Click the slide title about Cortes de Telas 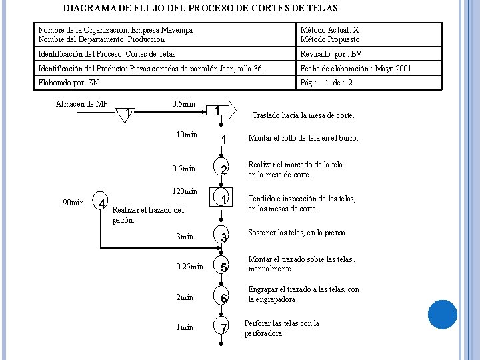click(200, 9)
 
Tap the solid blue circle click(443, 315)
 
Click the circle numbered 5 click(225, 267)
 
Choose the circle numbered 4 click(101, 203)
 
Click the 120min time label click(185, 191)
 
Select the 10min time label click(186, 135)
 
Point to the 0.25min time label click(189, 267)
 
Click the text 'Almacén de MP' click(81, 103)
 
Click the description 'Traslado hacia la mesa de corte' click(303, 115)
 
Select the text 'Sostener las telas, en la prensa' click(297, 233)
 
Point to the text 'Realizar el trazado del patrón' click(147, 215)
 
